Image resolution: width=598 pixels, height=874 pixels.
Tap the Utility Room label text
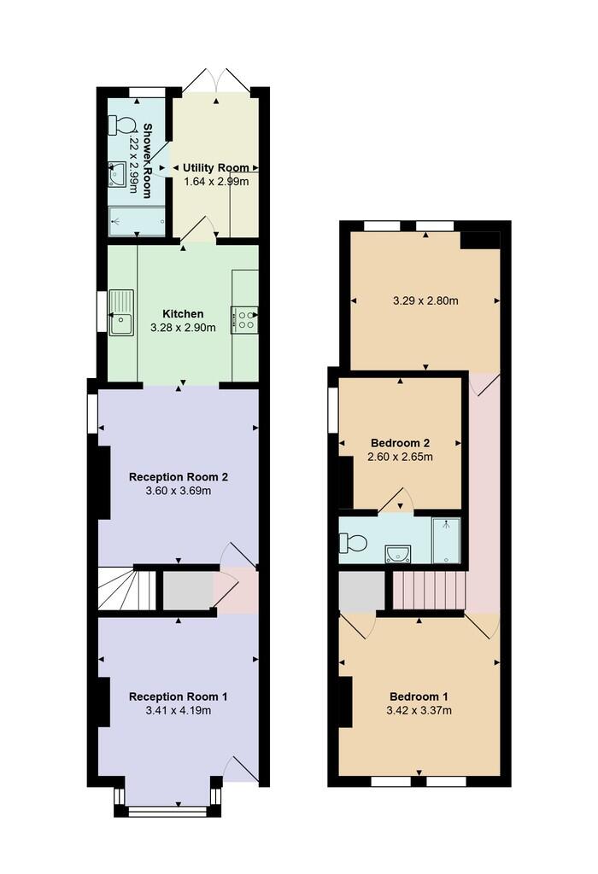coord(215,167)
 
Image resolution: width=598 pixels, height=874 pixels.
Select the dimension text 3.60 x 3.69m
coord(178,491)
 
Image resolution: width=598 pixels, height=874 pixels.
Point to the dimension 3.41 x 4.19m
coord(178,710)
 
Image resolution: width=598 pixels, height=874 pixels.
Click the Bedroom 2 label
coord(400,443)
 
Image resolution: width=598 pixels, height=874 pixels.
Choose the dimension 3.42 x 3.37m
coord(419,710)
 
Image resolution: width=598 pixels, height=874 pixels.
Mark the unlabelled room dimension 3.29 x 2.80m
coord(425,300)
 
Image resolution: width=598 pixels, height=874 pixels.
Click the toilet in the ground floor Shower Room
coord(121,125)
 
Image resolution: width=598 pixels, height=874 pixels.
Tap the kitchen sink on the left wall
coord(120,312)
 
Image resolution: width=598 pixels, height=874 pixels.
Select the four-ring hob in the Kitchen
coord(243,319)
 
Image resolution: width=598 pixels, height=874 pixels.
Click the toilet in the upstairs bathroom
coord(353,542)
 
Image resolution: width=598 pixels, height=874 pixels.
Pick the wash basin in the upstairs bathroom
coord(397,553)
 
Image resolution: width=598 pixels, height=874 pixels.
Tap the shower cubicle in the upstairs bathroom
coord(446,540)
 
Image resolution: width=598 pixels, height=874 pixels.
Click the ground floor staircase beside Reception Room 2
coord(126,589)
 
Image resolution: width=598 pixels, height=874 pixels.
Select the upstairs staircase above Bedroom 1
coord(429,590)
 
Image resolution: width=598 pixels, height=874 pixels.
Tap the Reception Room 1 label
coord(178,696)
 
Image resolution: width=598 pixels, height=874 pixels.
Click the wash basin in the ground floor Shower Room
coord(117,175)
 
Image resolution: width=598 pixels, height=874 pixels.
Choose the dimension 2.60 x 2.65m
coord(400,457)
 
